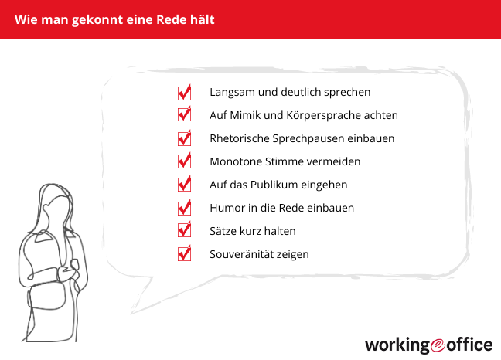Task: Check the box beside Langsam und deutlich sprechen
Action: [x=184, y=93]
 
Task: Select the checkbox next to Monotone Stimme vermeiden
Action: [x=184, y=162]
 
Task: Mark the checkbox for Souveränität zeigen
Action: [x=184, y=254]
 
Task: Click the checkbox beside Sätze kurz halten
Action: [x=184, y=231]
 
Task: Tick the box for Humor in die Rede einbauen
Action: [x=184, y=208]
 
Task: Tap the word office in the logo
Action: [x=467, y=343]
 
